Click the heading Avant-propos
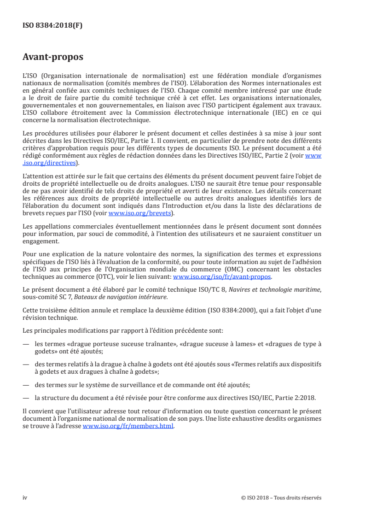coord(53,57)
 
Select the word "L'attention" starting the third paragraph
coord(36,176)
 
